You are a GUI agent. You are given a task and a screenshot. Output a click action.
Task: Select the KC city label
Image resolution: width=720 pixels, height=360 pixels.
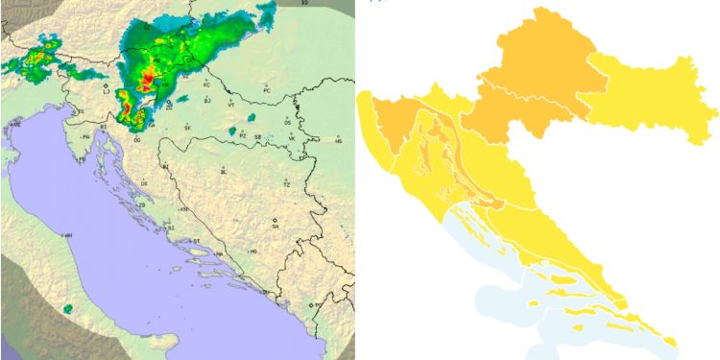coord(205,85)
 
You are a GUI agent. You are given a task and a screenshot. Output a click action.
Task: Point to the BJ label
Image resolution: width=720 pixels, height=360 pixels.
coord(206,100)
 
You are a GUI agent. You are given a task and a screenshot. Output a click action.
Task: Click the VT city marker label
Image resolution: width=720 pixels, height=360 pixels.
coord(230,105)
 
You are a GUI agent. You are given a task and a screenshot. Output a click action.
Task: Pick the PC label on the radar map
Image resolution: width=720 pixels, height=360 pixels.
coord(268,91)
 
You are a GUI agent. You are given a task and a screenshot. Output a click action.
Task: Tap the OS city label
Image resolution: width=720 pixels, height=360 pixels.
coord(288,123)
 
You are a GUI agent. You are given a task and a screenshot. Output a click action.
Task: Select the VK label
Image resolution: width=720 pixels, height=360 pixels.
coord(292,138)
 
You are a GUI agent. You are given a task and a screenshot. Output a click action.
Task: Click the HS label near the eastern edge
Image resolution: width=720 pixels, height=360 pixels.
coord(338,141)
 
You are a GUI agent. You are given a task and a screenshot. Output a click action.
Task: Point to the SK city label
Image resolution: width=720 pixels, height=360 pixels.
coord(188,128)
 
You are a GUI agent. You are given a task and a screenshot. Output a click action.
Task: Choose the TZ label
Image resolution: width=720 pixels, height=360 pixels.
coord(286,183)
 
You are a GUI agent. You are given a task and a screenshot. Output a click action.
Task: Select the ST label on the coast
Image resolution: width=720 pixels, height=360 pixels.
coord(197,241)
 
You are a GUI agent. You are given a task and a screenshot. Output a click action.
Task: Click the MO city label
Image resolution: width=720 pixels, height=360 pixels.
coord(253,251)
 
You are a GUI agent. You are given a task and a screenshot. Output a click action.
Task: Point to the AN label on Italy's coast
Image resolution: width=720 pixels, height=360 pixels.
coord(68,234)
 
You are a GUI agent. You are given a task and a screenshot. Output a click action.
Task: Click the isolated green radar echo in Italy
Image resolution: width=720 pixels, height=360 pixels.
coord(67,309)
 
